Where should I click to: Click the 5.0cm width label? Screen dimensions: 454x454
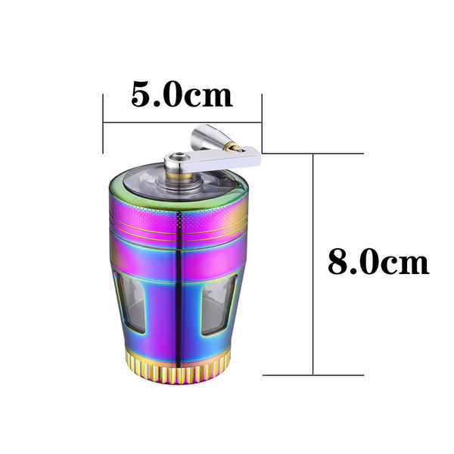182,94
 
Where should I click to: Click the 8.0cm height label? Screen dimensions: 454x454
378,263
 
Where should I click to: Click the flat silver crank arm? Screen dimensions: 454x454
213,159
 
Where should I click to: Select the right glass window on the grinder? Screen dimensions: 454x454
218,305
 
